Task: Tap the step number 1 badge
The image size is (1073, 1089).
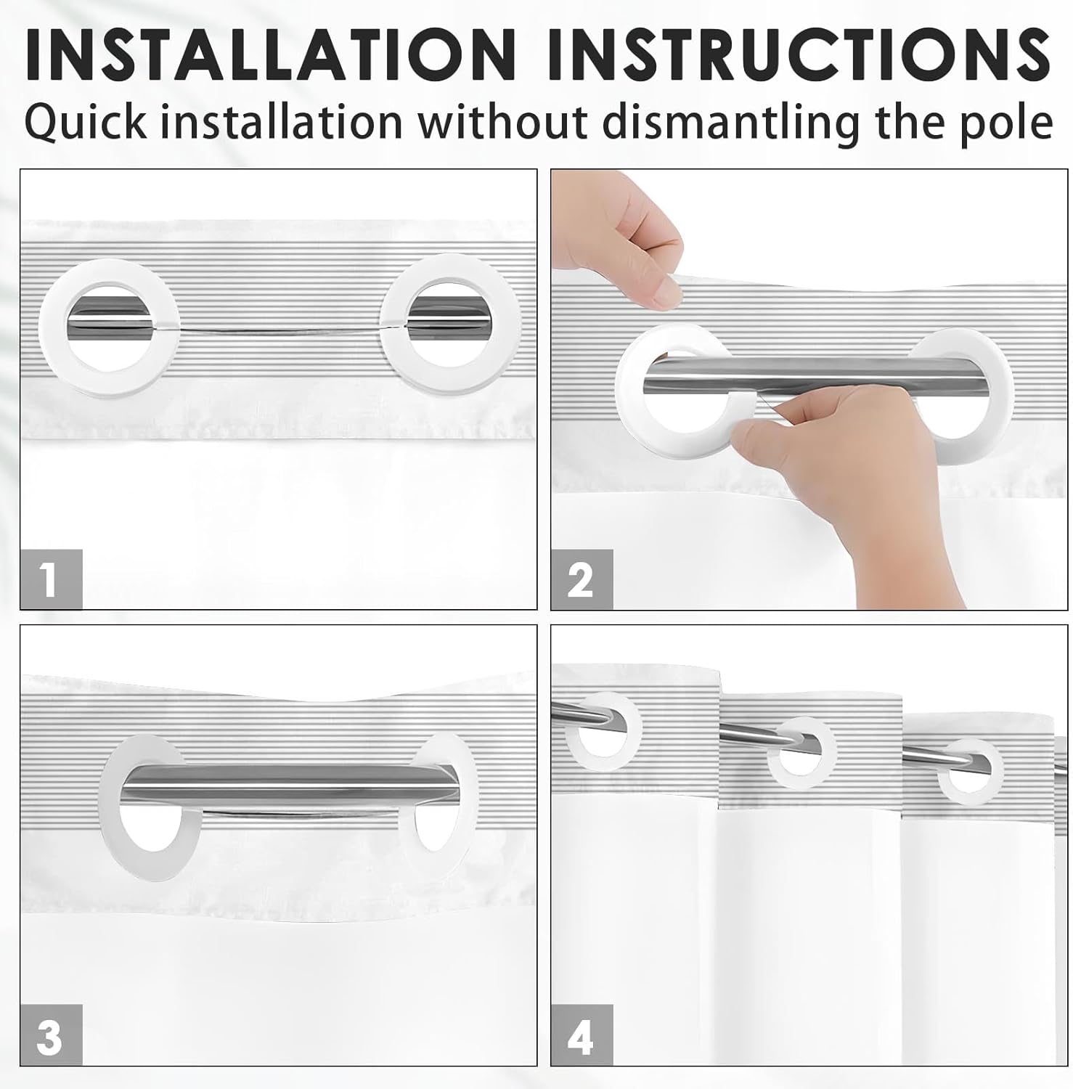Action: point(51,579)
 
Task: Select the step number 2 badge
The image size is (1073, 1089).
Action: point(582,579)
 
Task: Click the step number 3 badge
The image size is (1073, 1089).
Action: point(51,1035)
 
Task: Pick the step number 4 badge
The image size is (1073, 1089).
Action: point(582,1035)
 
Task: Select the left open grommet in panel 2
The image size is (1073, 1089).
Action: point(632,407)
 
